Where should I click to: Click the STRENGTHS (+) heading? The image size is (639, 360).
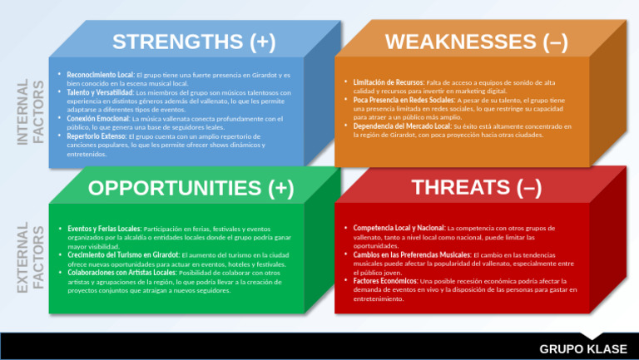click(194, 42)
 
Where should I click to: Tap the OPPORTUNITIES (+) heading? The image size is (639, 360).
click(191, 189)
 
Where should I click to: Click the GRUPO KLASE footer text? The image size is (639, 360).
click(583, 348)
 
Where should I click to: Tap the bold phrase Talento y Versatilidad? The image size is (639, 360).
click(100, 92)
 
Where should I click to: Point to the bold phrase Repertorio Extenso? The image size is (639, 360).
click(97, 136)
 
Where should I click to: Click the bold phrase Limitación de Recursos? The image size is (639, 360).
click(388, 82)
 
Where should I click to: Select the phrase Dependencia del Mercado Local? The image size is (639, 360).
click(402, 126)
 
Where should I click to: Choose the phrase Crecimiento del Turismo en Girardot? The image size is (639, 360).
click(122, 254)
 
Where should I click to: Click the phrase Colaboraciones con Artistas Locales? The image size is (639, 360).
click(121, 273)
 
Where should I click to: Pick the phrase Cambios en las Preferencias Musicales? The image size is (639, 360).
click(411, 254)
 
